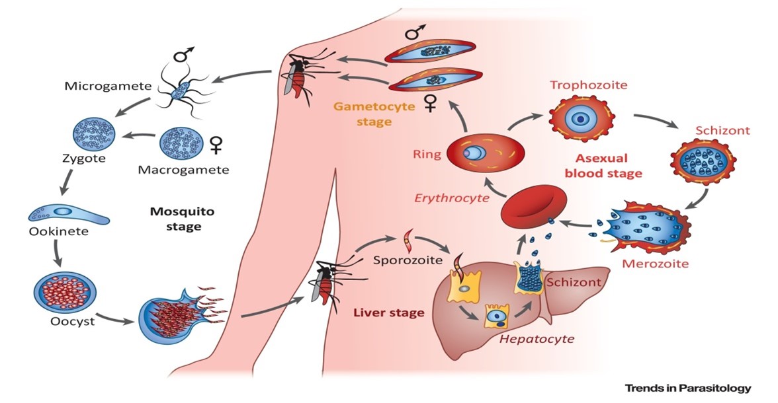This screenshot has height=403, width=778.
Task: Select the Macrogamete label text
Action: [x=183, y=170]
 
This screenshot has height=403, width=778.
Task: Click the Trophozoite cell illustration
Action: [x=580, y=119]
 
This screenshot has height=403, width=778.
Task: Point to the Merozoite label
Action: [x=656, y=264]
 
